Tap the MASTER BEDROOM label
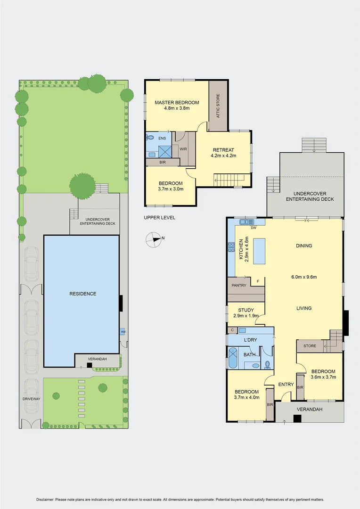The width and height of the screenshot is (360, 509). click(177, 102)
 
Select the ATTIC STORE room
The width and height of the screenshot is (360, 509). click(218, 106)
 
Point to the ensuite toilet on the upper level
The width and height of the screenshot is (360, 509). click(150, 138)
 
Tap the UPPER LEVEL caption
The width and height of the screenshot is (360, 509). click(159, 218)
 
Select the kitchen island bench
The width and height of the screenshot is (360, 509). click(259, 251)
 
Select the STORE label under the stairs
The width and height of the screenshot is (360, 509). click(310, 346)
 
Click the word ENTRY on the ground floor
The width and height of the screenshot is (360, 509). click(286, 385)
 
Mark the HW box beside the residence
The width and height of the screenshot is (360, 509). click(123, 331)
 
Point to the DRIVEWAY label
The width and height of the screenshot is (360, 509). click(31, 399)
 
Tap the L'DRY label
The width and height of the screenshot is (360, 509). click(250, 340)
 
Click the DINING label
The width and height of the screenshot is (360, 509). click(304, 246)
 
